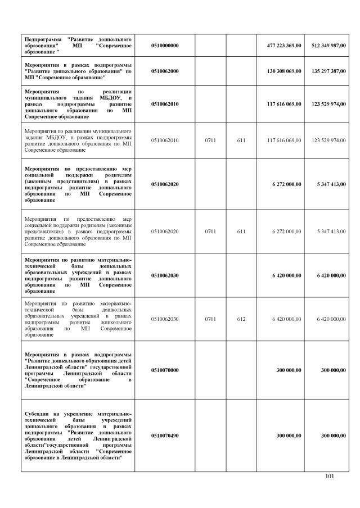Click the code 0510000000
click(x=165, y=46)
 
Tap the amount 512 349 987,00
click(x=328, y=46)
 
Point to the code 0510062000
click(x=165, y=71)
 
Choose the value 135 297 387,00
click(x=328, y=71)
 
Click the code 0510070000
click(x=165, y=370)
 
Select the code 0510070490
click(x=165, y=436)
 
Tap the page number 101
click(x=330, y=477)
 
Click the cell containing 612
click(x=241, y=319)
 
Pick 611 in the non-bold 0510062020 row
click(x=241, y=231)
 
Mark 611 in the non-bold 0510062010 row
click(x=241, y=140)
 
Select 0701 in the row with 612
click(x=210, y=319)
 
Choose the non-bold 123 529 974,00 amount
click(x=328, y=140)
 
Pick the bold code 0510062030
click(x=165, y=275)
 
